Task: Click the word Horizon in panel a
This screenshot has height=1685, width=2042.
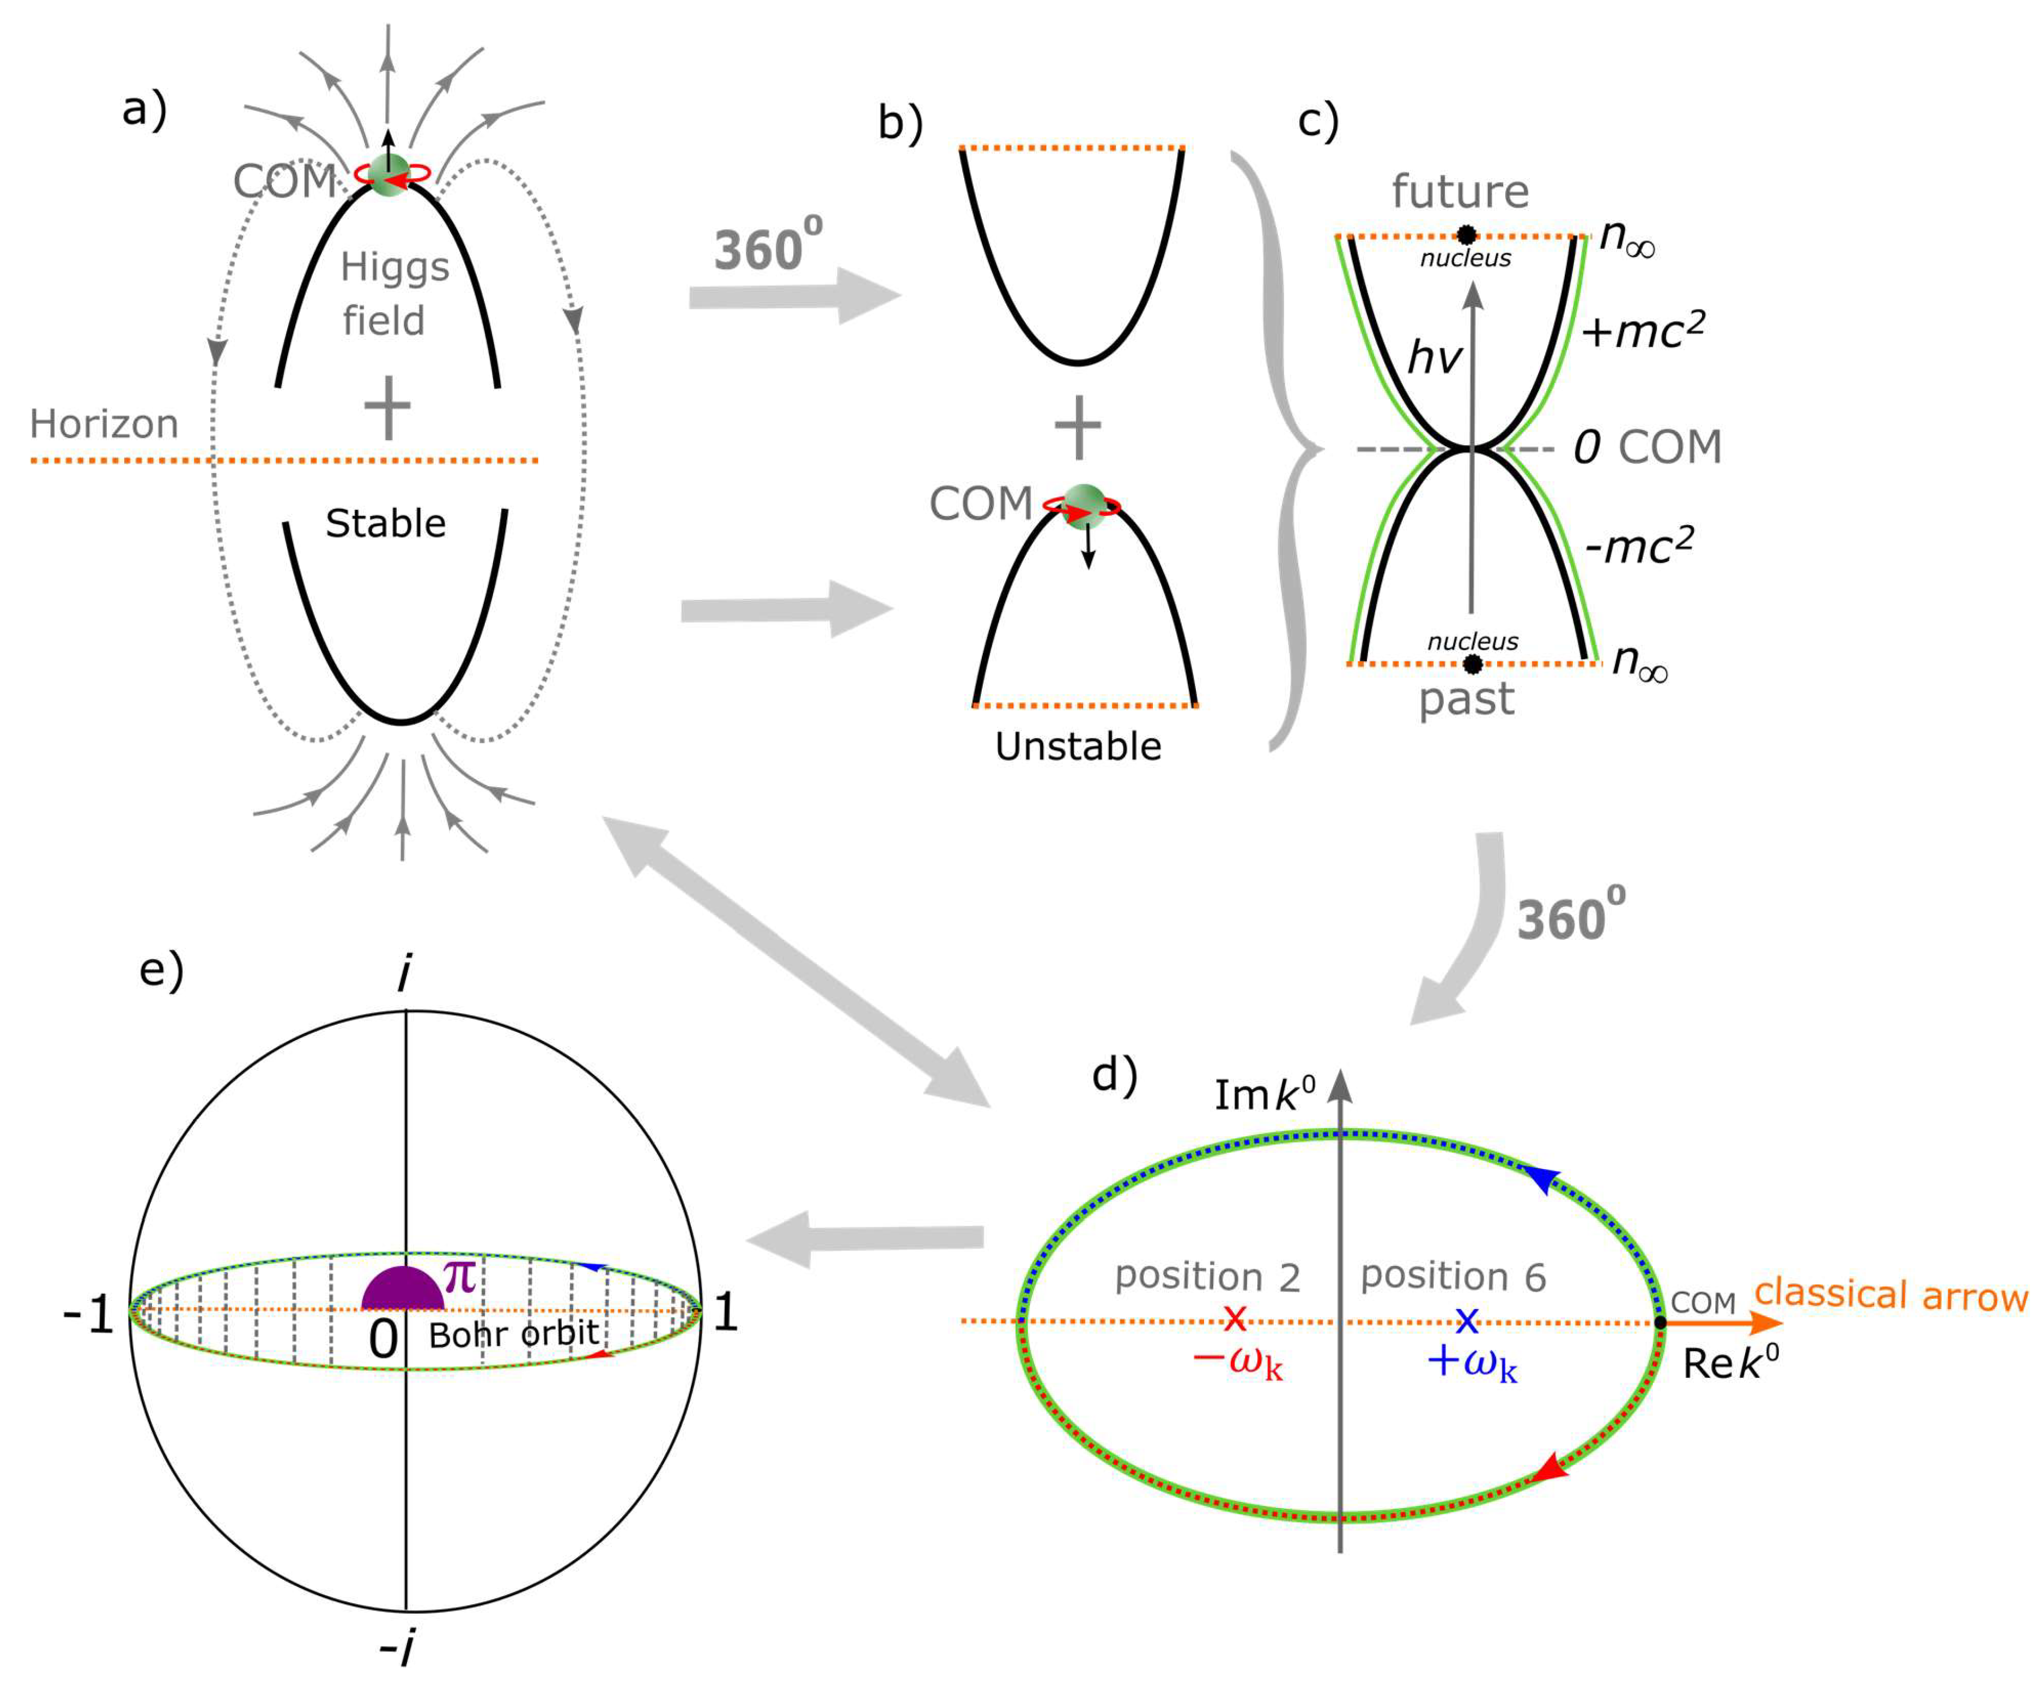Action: point(104,424)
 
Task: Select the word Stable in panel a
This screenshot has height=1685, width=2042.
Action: point(385,524)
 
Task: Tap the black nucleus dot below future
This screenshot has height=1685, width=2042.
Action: point(1467,235)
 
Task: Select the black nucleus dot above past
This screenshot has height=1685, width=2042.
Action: point(1472,664)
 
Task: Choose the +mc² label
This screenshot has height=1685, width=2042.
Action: point(1642,330)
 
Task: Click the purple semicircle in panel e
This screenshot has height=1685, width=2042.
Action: point(403,1291)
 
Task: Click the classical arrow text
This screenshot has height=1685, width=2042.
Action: point(1891,1296)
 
